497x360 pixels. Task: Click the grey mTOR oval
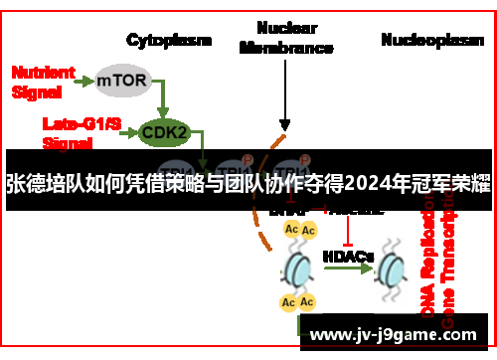pos(123,79)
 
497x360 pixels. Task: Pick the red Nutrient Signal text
pos(43,81)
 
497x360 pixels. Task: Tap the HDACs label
pos(348,256)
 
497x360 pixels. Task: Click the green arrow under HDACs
pos(348,271)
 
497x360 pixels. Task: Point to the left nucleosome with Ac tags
pos(299,266)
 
